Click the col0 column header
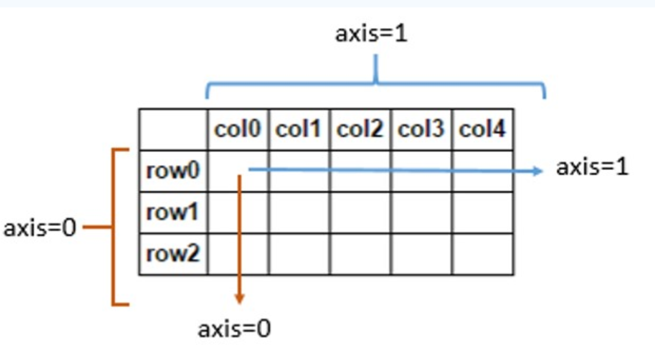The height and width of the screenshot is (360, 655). [x=238, y=129]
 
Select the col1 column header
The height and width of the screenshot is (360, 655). [x=299, y=129]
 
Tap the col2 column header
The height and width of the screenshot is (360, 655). [x=360, y=129]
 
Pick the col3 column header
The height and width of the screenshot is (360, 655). [x=421, y=129]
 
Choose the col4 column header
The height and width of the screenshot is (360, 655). [x=482, y=129]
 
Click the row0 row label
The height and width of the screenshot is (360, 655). [x=173, y=171]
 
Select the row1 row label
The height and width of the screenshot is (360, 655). [x=173, y=213]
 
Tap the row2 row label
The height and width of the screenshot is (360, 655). [x=173, y=254]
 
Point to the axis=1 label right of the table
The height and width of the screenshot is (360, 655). [x=592, y=168]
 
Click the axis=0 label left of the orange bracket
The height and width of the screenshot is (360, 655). [x=40, y=228]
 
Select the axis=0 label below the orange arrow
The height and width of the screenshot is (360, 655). [x=234, y=329]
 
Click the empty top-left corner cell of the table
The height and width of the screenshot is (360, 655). [x=173, y=129]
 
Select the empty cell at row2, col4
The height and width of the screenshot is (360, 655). [x=482, y=254]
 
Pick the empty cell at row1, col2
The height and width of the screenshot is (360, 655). [x=360, y=213]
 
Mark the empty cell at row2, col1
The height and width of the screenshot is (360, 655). [x=299, y=254]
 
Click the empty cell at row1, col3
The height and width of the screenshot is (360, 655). [x=421, y=213]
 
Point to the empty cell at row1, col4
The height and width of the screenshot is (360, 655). [x=482, y=213]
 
